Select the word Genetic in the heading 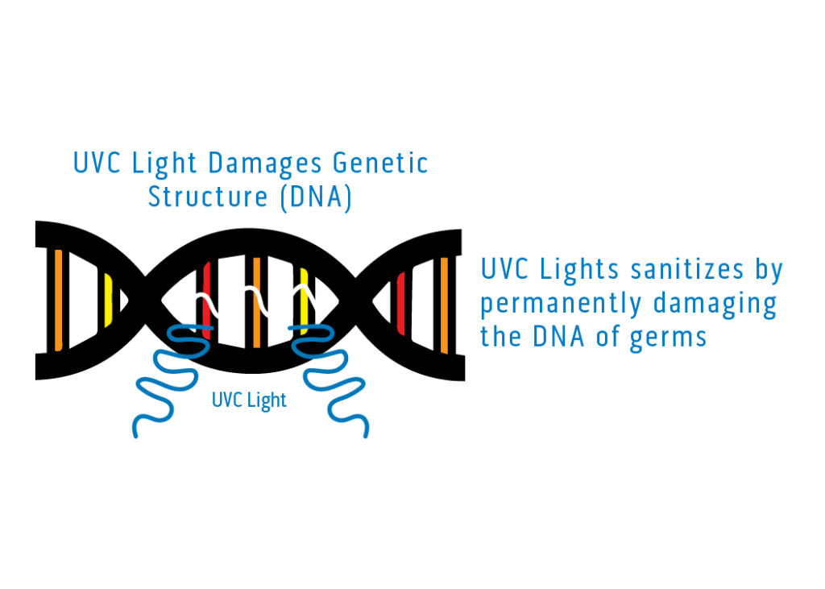click(380, 164)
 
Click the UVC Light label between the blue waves click(249, 400)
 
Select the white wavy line click(255, 303)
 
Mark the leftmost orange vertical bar click(58, 300)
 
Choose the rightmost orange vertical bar click(444, 305)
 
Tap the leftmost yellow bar click(108, 301)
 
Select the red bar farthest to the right click(400, 303)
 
